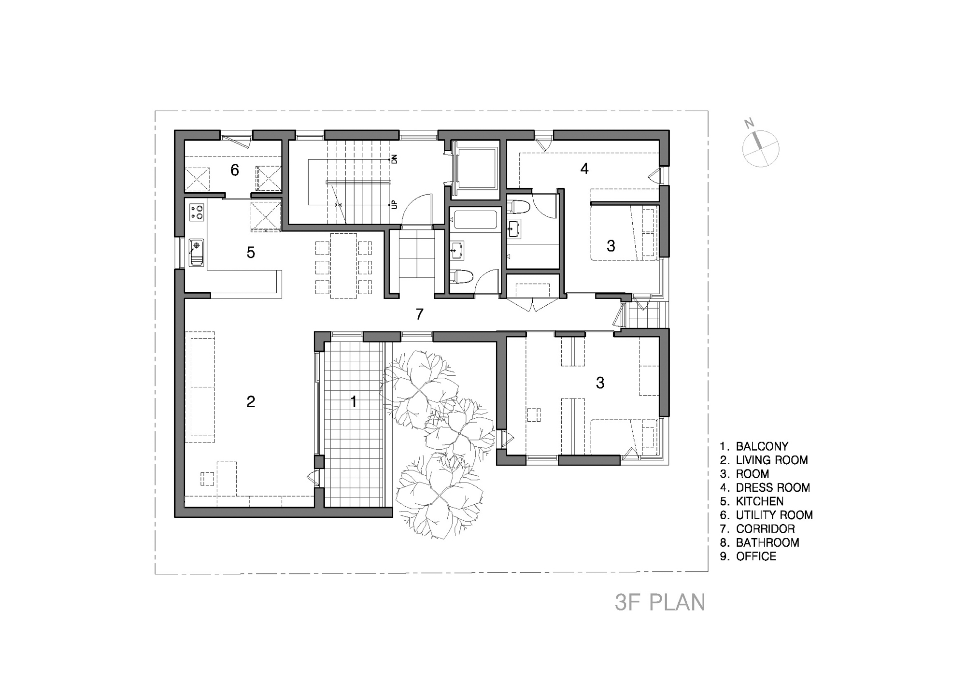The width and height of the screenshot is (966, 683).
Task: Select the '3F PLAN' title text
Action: [x=660, y=602]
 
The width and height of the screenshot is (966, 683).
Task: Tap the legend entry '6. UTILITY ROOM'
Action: [x=767, y=515]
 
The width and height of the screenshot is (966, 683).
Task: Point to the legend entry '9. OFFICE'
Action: [x=748, y=556]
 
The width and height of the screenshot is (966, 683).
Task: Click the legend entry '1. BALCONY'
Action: [x=754, y=446]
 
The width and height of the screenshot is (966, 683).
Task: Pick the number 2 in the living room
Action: [x=251, y=401]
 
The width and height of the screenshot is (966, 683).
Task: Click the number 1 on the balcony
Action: [x=354, y=401]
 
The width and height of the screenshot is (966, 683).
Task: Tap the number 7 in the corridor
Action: [x=420, y=314]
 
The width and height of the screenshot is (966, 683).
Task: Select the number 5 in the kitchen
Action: [x=251, y=252]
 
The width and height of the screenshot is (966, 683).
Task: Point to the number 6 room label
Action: [x=235, y=170]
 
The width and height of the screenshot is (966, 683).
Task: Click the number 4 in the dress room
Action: [x=584, y=169]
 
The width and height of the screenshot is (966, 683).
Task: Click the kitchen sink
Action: [x=196, y=252]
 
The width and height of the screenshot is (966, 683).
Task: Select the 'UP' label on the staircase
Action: [x=395, y=205]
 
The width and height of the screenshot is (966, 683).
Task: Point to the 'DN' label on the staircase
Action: [x=394, y=159]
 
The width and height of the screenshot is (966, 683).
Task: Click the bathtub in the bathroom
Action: [x=475, y=220]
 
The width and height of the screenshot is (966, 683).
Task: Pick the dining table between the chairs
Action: [x=343, y=266]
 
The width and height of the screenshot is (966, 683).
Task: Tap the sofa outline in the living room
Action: [x=200, y=386]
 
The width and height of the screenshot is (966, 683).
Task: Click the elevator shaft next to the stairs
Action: [x=476, y=168]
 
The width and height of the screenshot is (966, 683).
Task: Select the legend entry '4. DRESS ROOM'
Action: [x=765, y=487]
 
